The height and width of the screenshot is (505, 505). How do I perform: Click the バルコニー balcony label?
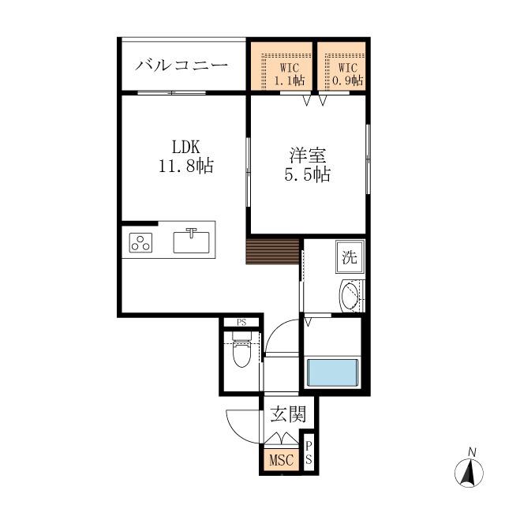pyautogui.click(x=181, y=65)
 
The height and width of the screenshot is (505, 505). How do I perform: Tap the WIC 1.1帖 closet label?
pyautogui.click(x=290, y=74)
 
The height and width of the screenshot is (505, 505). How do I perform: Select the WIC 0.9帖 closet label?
pyautogui.click(x=347, y=74)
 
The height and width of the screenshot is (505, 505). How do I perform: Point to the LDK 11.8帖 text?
pyautogui.click(x=186, y=156)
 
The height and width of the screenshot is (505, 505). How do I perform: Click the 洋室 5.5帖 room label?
pyautogui.click(x=307, y=165)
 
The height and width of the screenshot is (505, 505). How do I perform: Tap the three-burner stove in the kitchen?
pyautogui.click(x=140, y=242)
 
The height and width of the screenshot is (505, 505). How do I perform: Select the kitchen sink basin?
pyautogui.click(x=191, y=242)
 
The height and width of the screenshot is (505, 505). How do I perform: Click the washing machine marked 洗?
pyautogui.click(x=350, y=256)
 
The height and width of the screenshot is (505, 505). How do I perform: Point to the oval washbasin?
pyautogui.click(x=350, y=296)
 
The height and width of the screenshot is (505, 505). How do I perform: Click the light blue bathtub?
pyautogui.click(x=333, y=372)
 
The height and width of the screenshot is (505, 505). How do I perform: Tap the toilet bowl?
pyautogui.click(x=241, y=353)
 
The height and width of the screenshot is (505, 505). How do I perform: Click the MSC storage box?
pyautogui.click(x=282, y=459)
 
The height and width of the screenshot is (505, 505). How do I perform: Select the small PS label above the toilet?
pyautogui.click(x=241, y=323)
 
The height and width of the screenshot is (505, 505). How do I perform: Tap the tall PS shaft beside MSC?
pyautogui.click(x=309, y=452)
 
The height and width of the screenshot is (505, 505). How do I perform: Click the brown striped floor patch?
pyautogui.click(x=272, y=251)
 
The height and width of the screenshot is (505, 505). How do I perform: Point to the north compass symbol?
pyautogui.click(x=469, y=473)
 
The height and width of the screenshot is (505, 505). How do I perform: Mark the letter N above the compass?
pyautogui.click(x=472, y=452)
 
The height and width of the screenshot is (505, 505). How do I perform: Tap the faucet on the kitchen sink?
pyautogui.click(x=191, y=233)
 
